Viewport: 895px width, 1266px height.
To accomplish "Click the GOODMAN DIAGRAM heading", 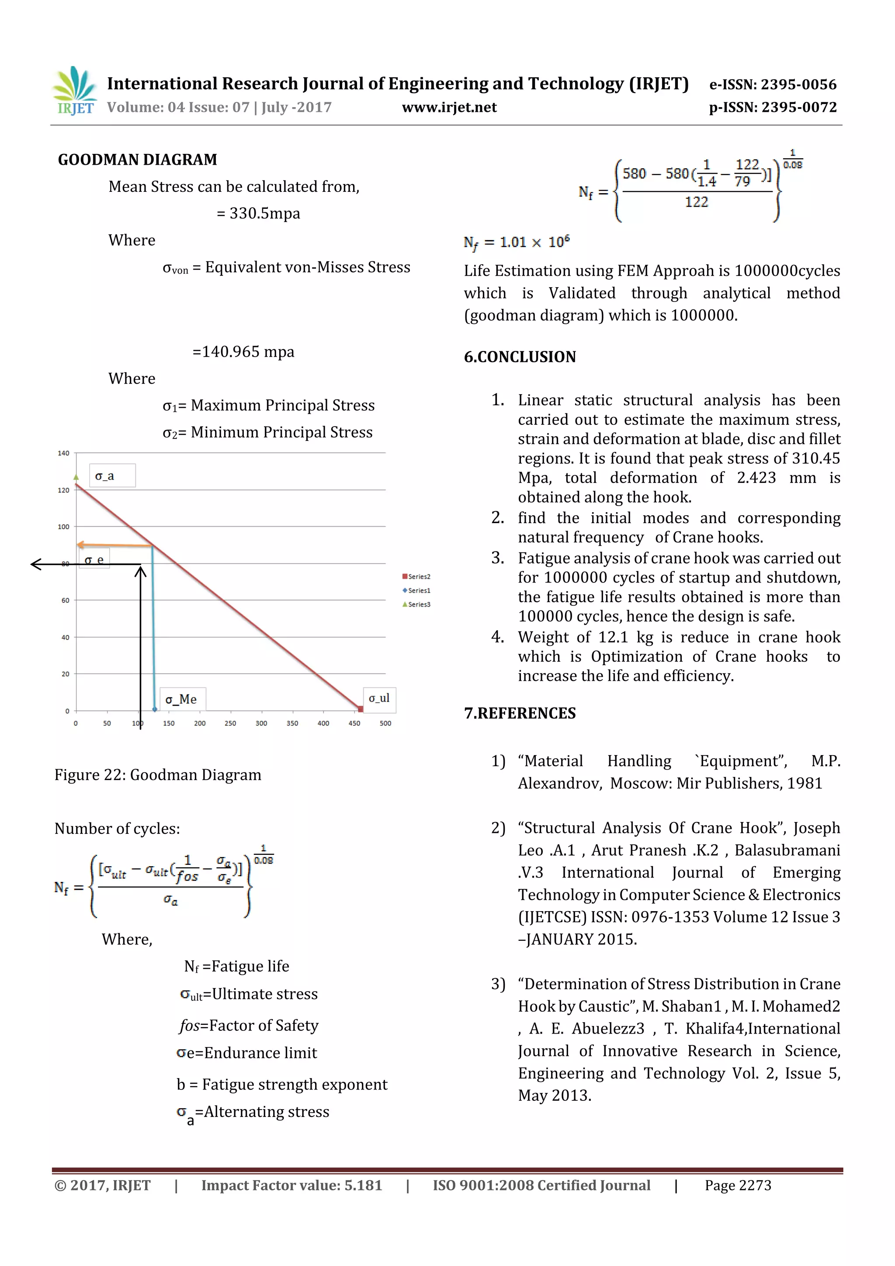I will coord(137,160).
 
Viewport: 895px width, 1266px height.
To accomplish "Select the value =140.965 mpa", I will coord(243,352).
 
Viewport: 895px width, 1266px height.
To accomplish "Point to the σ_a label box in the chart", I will coord(112,476).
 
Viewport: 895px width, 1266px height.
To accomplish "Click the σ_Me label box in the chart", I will coord(182,699).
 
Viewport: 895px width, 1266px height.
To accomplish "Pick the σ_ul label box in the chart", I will coord(379,698).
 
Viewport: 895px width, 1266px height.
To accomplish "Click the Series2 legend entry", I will coord(416,577).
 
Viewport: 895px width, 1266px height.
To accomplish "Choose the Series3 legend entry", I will coord(416,605).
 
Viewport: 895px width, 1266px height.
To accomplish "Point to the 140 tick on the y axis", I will coord(64,453).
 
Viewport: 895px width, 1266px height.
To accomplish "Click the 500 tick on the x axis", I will coord(385,723).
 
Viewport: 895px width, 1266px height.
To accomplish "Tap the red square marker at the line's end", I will coord(361,710).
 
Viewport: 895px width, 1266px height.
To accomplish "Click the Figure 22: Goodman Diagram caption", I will coord(158,775).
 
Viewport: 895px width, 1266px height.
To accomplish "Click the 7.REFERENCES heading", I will coord(520,714).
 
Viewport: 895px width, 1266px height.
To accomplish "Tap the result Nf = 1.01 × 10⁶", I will coord(516,243).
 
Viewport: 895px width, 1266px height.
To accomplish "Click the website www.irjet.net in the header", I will coord(449,108).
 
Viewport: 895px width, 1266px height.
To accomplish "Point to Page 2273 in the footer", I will coord(737,1186).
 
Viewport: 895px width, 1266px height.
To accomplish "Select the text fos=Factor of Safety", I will coord(249,1026).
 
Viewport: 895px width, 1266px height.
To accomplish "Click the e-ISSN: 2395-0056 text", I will coord(773,84).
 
